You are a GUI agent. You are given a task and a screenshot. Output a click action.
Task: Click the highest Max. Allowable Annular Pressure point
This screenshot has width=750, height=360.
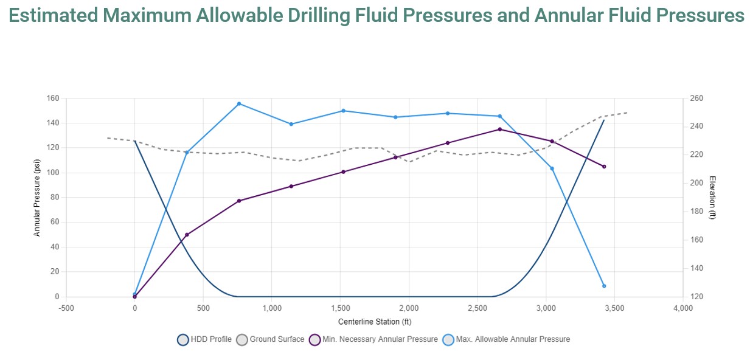239,104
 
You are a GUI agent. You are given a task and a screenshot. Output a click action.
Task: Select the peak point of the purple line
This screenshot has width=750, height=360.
500,130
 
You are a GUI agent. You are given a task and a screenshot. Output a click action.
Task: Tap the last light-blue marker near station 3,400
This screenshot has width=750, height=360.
604,286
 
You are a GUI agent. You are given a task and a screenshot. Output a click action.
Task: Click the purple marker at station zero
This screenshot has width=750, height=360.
134,297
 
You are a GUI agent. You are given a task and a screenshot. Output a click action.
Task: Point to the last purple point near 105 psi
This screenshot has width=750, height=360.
604,167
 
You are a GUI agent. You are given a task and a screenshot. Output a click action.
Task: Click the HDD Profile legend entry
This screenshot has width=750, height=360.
204,339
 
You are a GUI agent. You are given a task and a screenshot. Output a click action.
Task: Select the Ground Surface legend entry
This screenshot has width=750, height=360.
270,339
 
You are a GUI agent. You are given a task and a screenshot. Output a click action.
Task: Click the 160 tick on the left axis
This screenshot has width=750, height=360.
53,99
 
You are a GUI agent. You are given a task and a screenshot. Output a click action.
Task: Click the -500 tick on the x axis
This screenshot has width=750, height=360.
66,308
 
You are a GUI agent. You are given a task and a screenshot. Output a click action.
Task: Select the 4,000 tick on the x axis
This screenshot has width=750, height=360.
683,308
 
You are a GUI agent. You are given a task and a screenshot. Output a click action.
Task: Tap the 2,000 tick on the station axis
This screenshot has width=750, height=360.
409,308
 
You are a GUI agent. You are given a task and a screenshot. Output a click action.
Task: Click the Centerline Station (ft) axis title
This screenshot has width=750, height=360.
375,321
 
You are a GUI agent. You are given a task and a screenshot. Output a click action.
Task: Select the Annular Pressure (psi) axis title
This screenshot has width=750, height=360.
37,198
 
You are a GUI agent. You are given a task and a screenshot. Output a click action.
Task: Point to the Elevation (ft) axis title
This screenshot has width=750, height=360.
712,198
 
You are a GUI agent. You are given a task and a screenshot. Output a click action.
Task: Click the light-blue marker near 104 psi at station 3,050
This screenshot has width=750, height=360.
552,168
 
